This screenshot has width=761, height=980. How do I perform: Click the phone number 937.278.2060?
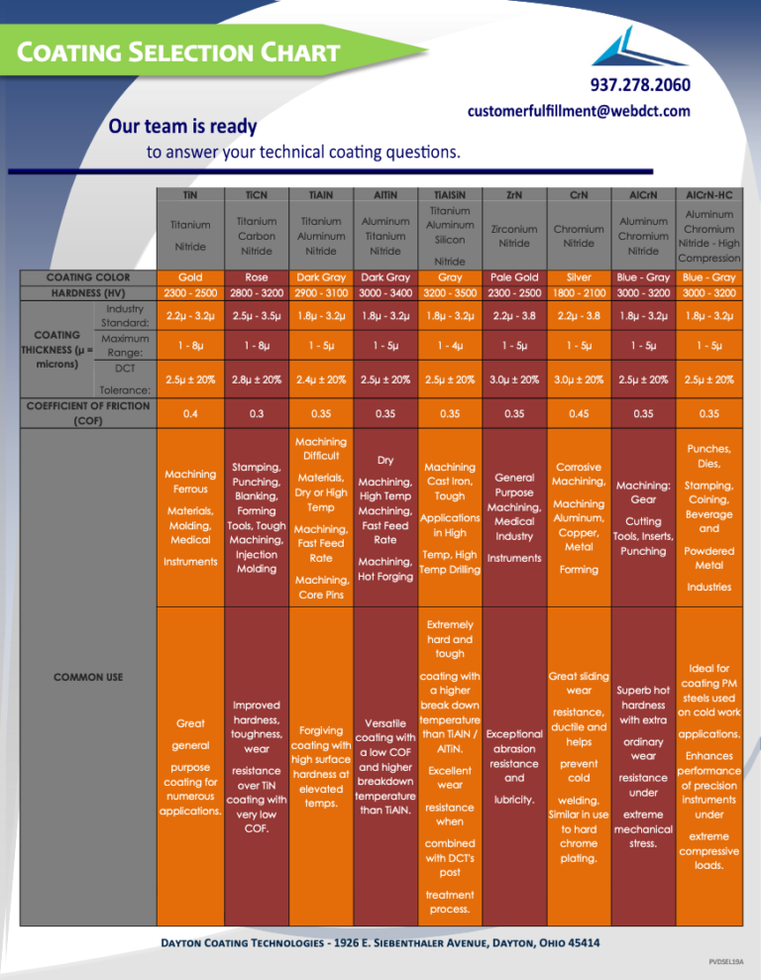(640, 84)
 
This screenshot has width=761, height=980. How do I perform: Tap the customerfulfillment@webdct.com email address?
(579, 111)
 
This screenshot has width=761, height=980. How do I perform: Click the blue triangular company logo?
(637, 47)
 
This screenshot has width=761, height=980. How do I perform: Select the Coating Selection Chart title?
(178, 52)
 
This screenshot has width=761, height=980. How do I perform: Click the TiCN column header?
(257, 195)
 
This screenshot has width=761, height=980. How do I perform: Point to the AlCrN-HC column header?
(709, 195)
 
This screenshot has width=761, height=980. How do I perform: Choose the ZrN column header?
(514, 195)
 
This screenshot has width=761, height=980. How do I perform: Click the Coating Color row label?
(88, 276)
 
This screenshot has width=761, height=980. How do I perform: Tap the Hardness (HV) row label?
(88, 292)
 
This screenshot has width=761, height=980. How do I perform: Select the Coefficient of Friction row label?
(88, 413)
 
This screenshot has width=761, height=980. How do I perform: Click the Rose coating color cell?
(257, 276)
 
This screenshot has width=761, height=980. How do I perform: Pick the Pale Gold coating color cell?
(514, 276)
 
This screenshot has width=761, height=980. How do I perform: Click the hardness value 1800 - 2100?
(579, 292)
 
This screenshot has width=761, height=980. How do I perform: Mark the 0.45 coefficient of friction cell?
(579, 413)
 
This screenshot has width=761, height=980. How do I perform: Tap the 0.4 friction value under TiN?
(190, 413)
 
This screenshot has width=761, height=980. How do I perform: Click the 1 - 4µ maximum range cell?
(450, 346)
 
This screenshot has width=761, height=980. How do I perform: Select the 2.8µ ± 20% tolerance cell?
(257, 380)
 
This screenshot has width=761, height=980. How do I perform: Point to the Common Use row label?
(88, 677)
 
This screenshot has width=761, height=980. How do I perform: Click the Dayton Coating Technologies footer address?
(380, 943)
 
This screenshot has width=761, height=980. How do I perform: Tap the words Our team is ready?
(182, 126)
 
